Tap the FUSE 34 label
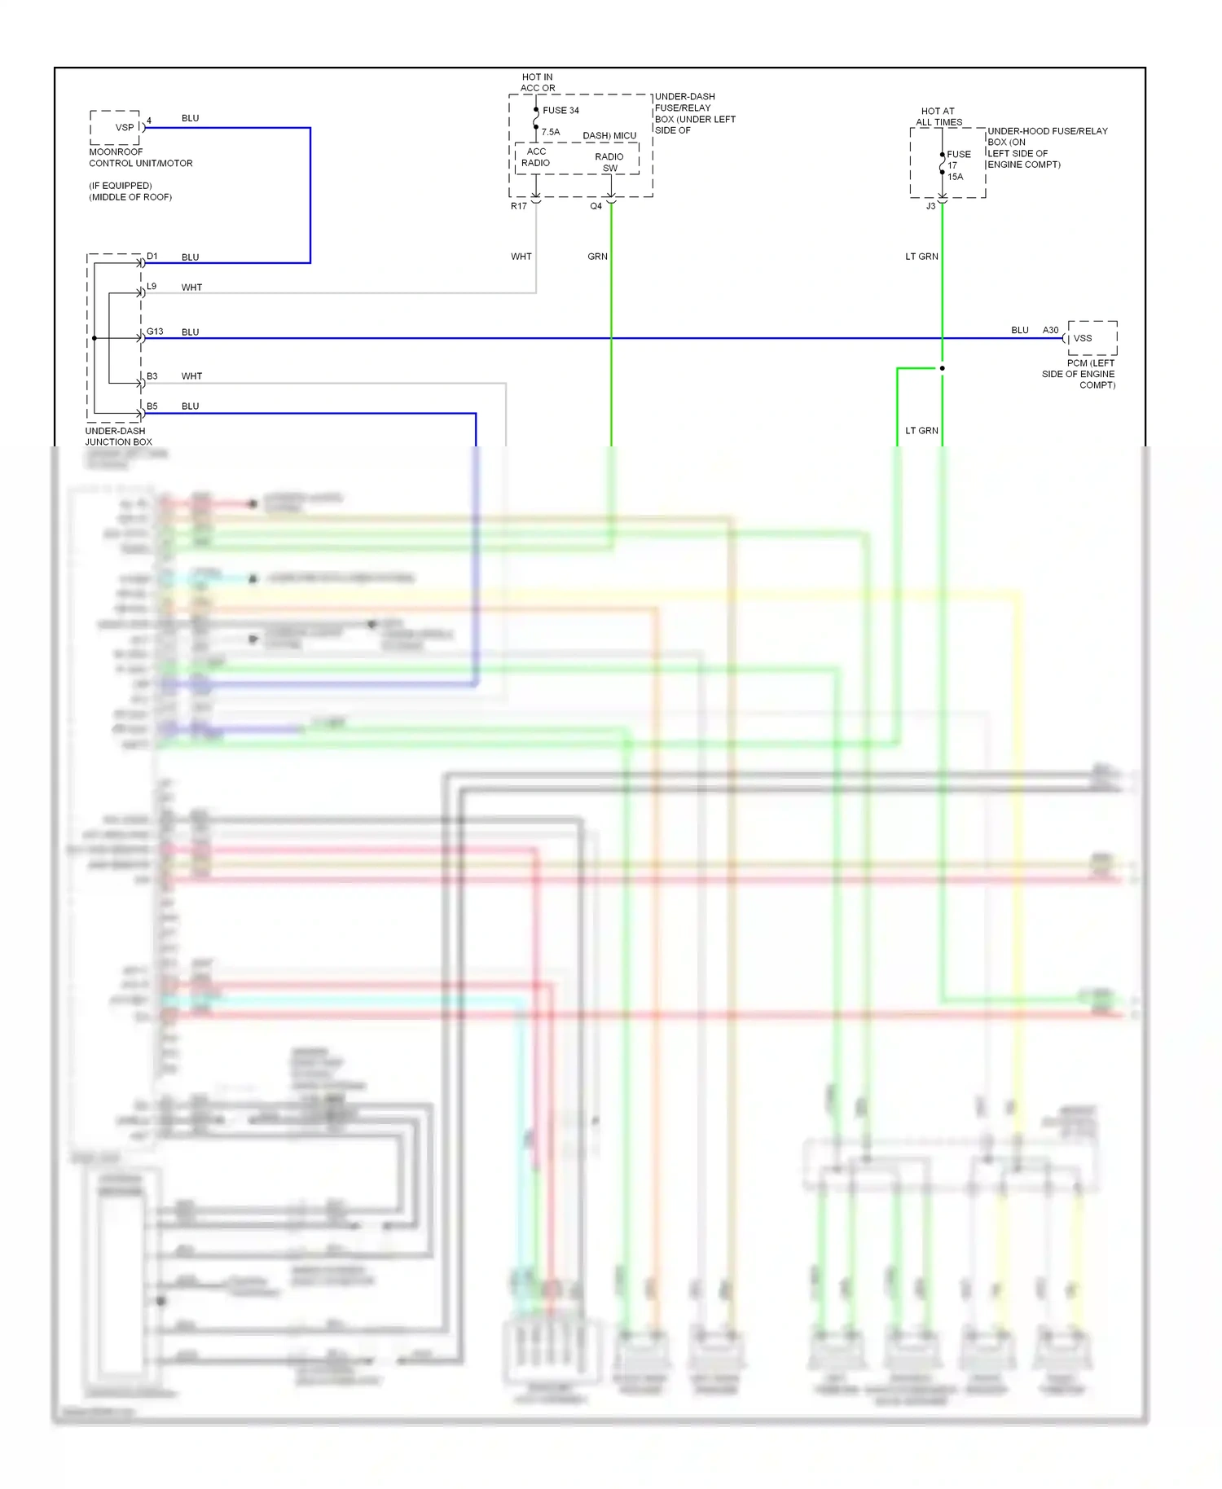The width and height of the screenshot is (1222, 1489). click(x=560, y=110)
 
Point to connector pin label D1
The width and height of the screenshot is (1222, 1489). click(x=152, y=256)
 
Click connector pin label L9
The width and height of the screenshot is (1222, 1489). click(x=152, y=287)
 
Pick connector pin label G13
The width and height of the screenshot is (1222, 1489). click(x=155, y=332)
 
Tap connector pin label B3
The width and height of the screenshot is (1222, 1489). click(x=152, y=376)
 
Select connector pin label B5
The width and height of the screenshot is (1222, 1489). click(x=152, y=406)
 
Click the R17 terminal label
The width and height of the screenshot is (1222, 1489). click(x=518, y=206)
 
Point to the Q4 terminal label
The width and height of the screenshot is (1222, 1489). click(x=596, y=206)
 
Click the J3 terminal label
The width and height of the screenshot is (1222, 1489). click(x=930, y=206)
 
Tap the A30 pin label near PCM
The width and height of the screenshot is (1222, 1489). click(x=1050, y=330)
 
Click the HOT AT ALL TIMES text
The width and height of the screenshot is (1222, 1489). click(x=938, y=116)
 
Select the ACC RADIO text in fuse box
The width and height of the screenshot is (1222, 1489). click(x=536, y=157)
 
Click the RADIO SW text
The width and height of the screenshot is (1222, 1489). click(x=609, y=162)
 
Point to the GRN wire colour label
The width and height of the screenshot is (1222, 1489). click(x=597, y=257)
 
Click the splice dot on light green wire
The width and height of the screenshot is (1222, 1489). click(x=943, y=368)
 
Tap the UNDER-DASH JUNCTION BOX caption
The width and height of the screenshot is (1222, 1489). click(x=118, y=437)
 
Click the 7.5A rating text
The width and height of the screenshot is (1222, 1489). click(x=551, y=132)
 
